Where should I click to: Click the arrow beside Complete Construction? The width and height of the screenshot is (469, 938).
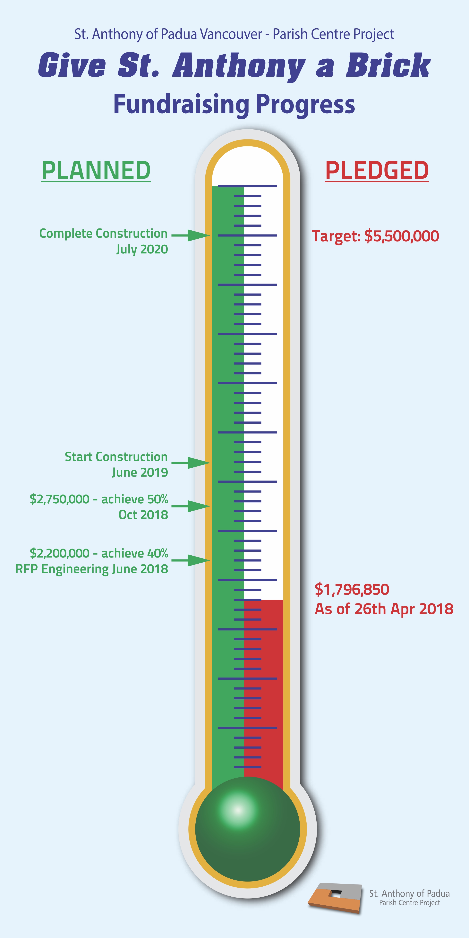coord(191,235)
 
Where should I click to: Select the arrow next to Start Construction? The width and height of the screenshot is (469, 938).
coord(191,463)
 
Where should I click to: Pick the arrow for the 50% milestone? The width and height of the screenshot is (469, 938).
coord(191,506)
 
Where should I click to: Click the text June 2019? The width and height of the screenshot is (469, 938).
coord(140,473)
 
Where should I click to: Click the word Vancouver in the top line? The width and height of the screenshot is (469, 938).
coord(231,34)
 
